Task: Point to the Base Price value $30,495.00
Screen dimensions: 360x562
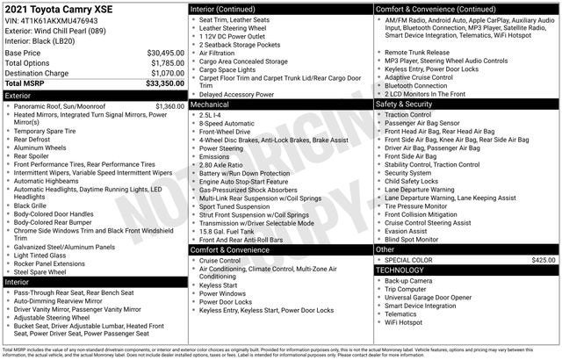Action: (165, 53)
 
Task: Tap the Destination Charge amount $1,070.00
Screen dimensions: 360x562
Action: (167, 74)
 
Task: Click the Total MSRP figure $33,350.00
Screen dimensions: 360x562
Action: (165, 84)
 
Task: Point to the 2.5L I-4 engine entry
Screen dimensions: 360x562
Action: (214, 114)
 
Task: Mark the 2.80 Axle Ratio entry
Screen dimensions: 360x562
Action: (225, 164)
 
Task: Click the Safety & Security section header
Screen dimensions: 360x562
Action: (404, 104)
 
